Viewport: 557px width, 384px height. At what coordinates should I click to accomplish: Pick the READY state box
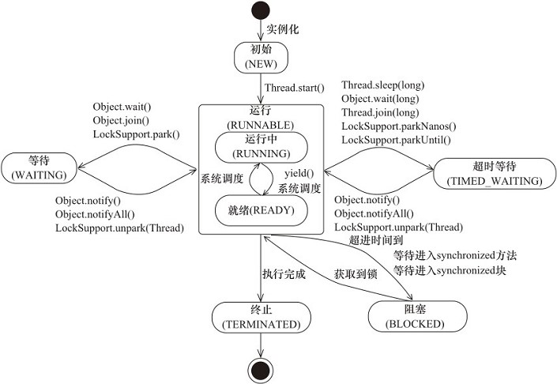point(260,210)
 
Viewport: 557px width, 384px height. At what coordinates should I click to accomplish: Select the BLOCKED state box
point(417,317)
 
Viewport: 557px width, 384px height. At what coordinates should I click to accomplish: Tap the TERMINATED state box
point(260,317)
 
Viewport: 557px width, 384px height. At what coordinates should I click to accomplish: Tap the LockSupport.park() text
point(137,134)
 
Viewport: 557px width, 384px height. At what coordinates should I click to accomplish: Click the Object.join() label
point(120,120)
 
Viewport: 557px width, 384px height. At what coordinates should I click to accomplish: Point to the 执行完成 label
point(284,274)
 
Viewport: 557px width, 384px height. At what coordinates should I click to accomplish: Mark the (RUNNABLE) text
point(260,124)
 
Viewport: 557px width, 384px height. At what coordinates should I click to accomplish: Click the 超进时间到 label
point(371,239)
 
